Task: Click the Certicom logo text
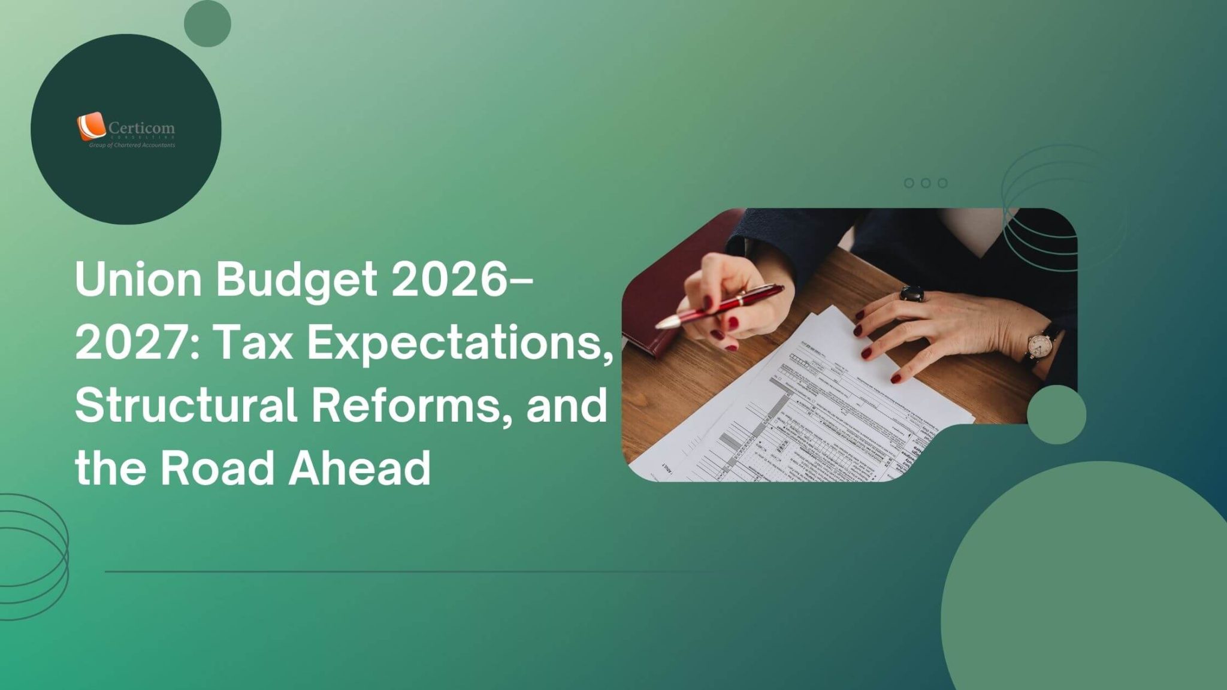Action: (141, 128)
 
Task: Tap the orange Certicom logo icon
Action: (90, 126)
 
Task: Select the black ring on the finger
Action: (912, 293)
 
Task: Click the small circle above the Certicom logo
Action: (207, 23)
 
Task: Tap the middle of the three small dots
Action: (926, 183)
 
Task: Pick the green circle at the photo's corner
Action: (1056, 414)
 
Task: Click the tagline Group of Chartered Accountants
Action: (132, 146)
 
